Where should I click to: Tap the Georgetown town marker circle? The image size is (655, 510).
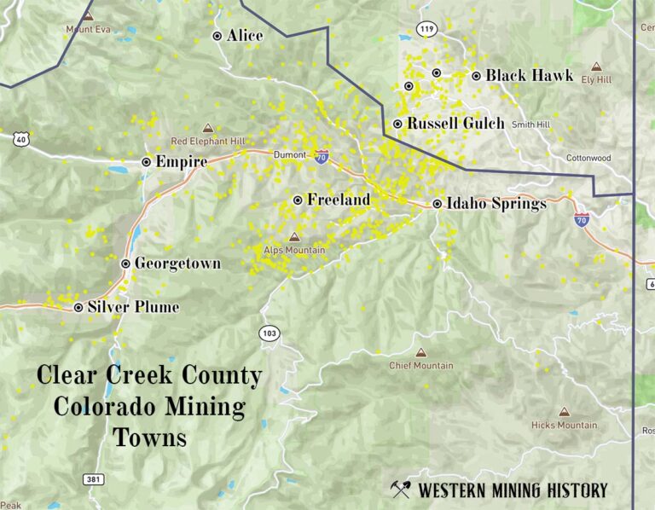tap(126, 264)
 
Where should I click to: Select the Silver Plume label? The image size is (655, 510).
tap(136, 307)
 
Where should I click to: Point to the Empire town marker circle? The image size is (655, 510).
tap(147, 161)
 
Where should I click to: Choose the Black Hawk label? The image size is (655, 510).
tap(529, 76)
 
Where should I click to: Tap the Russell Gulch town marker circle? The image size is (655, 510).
tap(397, 124)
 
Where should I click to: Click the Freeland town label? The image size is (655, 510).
tap(339, 200)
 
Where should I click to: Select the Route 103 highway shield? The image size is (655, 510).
tap(270, 332)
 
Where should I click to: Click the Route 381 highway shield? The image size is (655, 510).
tap(93, 479)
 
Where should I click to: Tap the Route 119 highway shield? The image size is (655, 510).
tap(427, 30)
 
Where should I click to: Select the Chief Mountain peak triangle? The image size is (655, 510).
tap(420, 352)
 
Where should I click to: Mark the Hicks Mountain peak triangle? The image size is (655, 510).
tap(564, 412)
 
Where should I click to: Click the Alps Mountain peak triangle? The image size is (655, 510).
tap(294, 237)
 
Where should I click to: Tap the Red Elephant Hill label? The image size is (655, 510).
tap(207, 141)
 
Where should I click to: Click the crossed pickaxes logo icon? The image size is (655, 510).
tap(401, 489)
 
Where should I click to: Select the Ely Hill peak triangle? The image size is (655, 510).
tap(596, 67)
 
